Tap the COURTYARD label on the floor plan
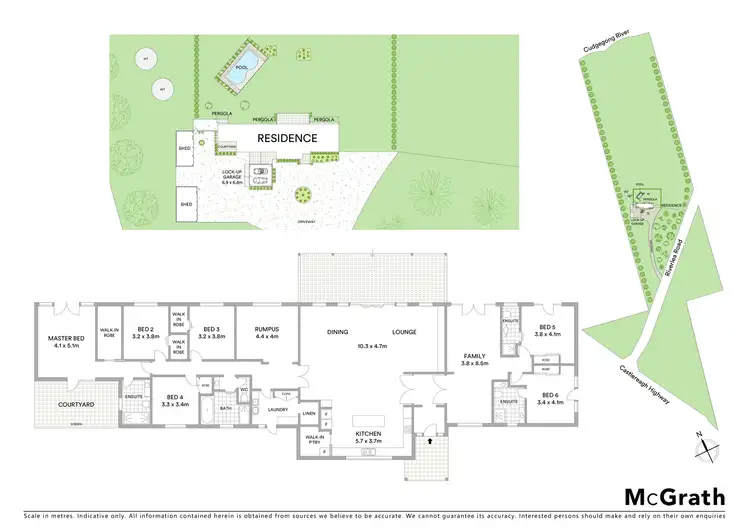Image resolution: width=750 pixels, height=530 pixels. tap(62, 404)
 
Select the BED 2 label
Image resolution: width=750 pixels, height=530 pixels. tap(145, 331)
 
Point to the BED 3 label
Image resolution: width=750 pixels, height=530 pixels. tap(210, 331)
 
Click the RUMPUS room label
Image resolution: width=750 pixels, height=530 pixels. tap(265, 331)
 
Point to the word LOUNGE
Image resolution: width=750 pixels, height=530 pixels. tap(404, 332)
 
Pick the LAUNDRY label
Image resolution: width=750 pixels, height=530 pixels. tap(279, 409)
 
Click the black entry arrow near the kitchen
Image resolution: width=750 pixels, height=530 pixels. tap(429, 438)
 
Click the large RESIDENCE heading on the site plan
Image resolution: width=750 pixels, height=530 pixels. tap(287, 139)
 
